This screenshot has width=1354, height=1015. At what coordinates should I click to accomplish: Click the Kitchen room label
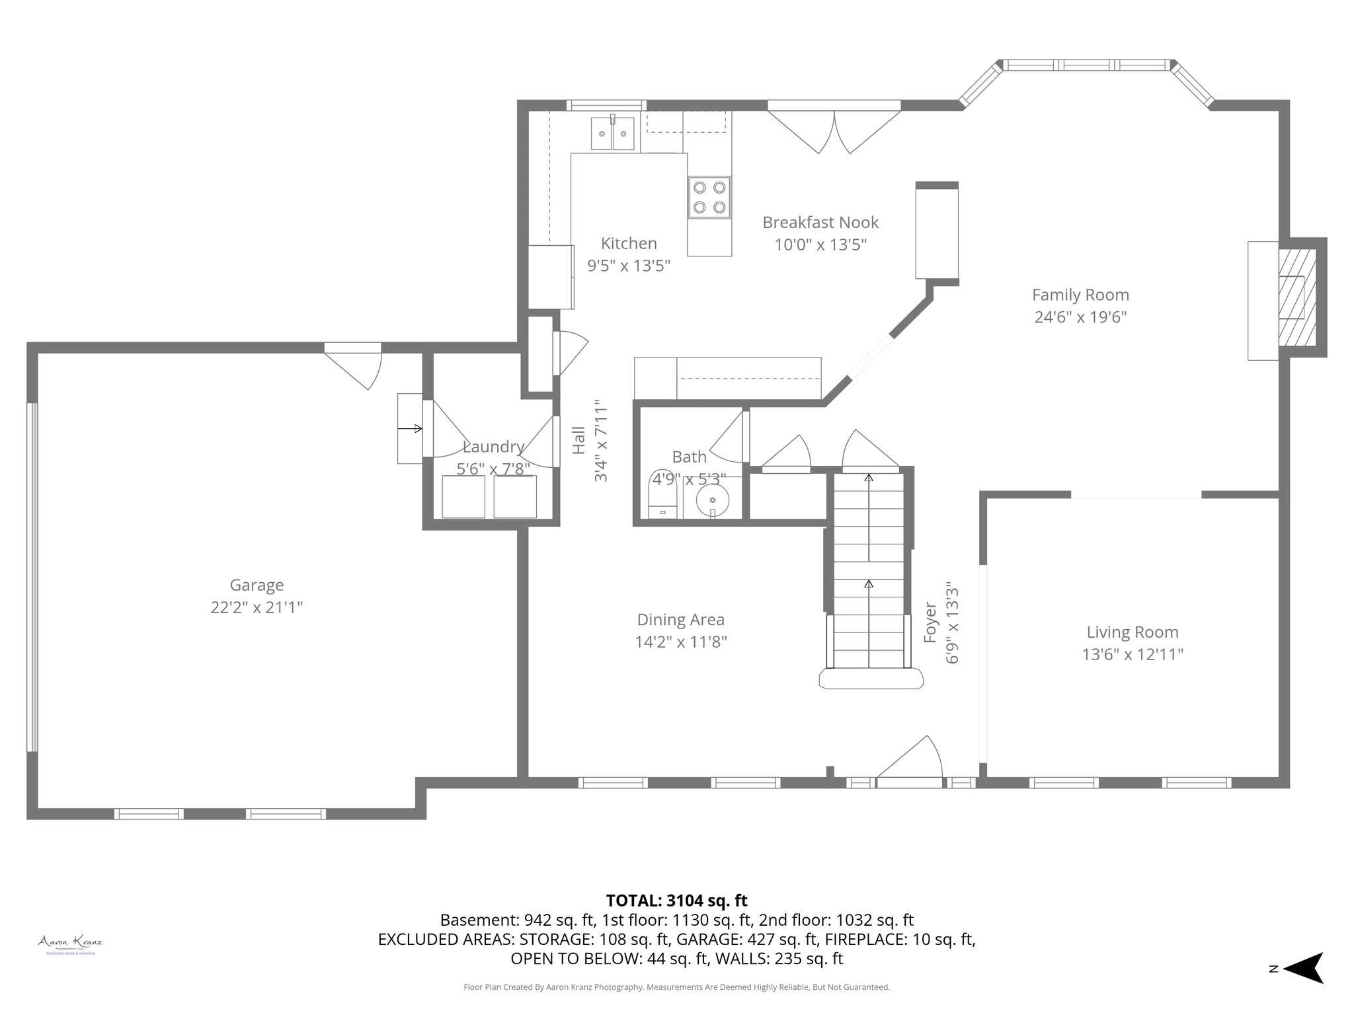[629, 243]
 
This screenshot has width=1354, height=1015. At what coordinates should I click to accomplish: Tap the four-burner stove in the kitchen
[709, 197]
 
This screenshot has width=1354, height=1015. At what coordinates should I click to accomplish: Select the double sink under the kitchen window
[613, 134]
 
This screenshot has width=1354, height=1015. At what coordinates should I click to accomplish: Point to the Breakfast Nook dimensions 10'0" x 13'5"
[820, 245]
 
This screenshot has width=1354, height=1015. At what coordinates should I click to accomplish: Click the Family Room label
[1080, 295]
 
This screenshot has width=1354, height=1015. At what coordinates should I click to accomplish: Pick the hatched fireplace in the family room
[1296, 297]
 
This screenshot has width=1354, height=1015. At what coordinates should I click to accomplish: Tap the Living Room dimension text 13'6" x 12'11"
[1133, 654]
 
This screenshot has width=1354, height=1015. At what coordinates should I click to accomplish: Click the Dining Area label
[680, 620]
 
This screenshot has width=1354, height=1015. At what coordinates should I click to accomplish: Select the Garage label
[257, 585]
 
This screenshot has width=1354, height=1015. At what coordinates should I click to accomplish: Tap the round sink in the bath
[712, 500]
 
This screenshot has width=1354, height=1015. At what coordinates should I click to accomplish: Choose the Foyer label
[930, 622]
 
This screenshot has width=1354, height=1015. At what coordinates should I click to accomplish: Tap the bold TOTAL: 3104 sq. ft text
[676, 901]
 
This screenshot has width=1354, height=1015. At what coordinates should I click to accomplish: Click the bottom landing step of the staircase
[871, 679]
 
